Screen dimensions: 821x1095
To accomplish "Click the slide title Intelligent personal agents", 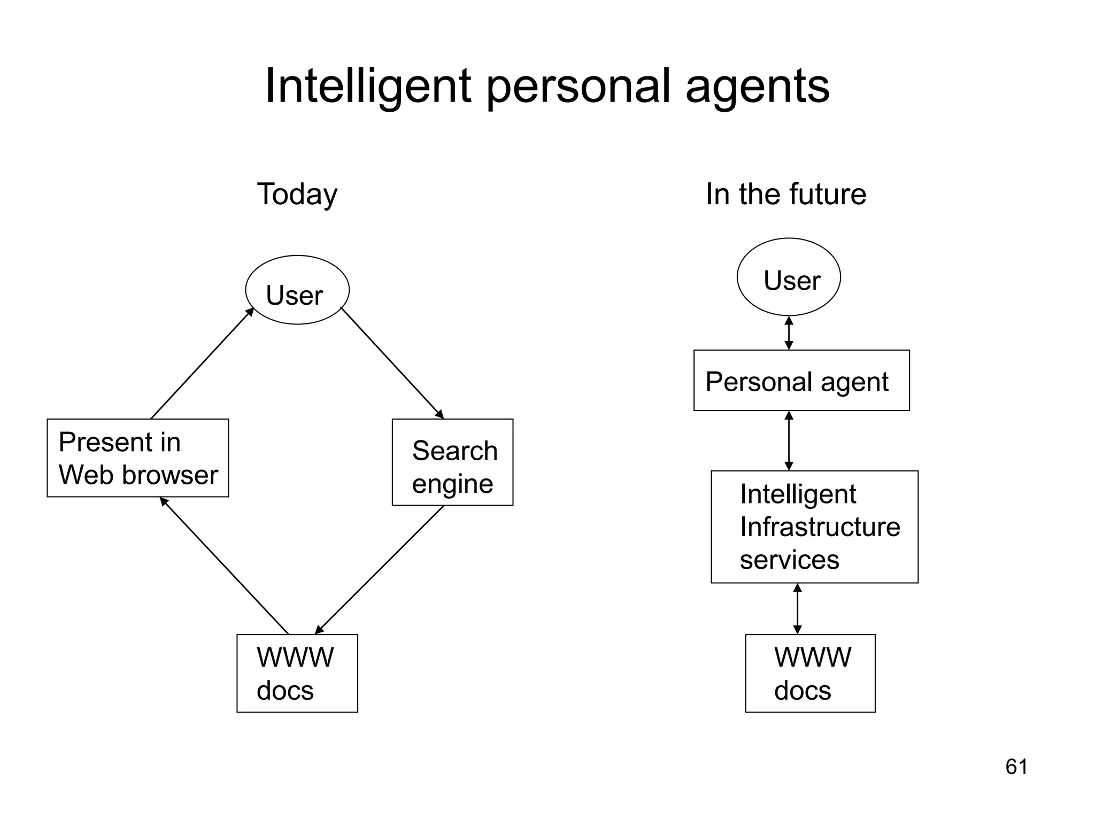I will point(547,87).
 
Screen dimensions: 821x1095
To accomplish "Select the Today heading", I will point(297,194).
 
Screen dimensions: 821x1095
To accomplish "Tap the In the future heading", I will point(785,194).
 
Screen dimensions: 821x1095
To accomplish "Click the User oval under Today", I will point(297,290).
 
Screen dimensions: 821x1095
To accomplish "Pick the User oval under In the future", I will point(789,277).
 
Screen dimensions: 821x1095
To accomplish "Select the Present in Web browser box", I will point(138,458).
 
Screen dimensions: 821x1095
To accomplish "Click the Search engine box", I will point(452,462).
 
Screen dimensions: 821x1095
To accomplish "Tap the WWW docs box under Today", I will point(297,673).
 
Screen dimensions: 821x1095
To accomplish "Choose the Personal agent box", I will point(801,381).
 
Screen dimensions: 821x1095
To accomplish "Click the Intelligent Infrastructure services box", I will point(814,527).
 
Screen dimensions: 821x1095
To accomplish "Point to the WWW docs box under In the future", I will point(810,673).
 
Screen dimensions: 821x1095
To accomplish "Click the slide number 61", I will point(1016,767).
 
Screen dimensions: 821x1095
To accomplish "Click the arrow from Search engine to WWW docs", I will point(380,569).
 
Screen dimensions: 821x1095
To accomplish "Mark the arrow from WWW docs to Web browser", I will point(225,566).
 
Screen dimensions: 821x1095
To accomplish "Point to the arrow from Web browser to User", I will point(202,363).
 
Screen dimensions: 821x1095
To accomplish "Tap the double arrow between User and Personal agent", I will point(789,333).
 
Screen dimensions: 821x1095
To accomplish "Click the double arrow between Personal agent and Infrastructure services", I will point(789,441).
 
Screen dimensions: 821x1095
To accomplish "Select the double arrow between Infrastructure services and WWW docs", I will point(797,609).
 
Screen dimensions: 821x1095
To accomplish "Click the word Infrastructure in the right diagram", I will point(820,527).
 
